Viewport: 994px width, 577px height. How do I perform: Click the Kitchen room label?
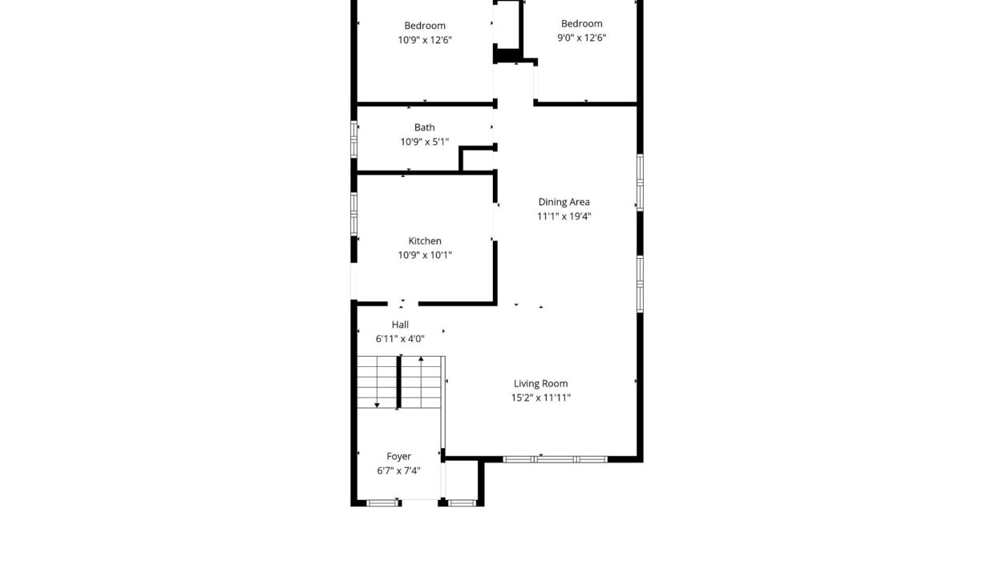[x=425, y=241]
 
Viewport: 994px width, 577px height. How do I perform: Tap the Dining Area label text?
[x=564, y=202]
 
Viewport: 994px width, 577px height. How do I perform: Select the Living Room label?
[x=540, y=384]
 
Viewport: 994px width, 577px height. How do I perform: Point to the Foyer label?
[x=398, y=456]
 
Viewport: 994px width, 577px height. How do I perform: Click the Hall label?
[x=400, y=325]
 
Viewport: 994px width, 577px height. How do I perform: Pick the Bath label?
[x=424, y=127]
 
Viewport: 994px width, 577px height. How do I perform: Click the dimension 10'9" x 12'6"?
[x=425, y=40]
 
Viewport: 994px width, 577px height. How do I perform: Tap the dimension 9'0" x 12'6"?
[x=581, y=38]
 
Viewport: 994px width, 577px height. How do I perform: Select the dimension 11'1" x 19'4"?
[x=564, y=216]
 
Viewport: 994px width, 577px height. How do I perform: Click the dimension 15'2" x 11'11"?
[x=540, y=397]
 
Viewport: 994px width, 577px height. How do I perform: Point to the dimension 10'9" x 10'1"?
[x=425, y=255]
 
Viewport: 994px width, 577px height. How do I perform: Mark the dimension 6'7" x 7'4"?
[x=398, y=470]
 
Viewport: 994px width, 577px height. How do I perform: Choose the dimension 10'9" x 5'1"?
[x=424, y=142]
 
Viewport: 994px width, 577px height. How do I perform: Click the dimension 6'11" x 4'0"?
[x=400, y=339]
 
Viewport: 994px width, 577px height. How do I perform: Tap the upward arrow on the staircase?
[x=421, y=381]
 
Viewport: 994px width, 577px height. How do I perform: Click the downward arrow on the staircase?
[x=378, y=382]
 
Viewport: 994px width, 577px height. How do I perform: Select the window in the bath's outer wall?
[x=354, y=139]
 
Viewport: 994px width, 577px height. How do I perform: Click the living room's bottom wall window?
[x=556, y=459]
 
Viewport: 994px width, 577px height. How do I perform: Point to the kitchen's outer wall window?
[x=354, y=214]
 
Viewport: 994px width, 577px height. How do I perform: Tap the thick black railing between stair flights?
[x=399, y=382]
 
